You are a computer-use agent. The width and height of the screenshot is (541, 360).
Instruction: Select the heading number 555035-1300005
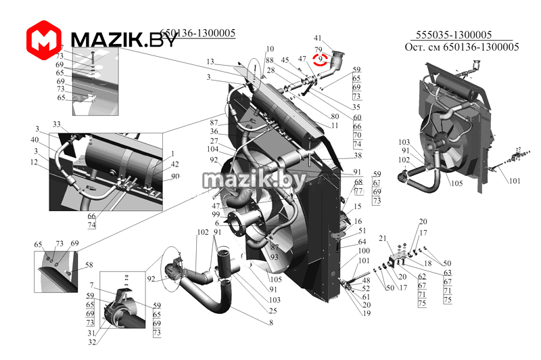pyautogui.click(x=453, y=35)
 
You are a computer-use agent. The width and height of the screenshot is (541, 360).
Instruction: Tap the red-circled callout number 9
pyautogui.click(x=319, y=60)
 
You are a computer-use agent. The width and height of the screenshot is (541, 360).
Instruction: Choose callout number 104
pyautogui.click(x=212, y=149)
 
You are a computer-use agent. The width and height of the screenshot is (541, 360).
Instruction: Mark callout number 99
pyautogui.click(x=216, y=215)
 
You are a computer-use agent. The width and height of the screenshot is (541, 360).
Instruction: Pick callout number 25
pyautogui.click(x=272, y=311)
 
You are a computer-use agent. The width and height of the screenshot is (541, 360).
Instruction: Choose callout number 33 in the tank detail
pyautogui.click(x=56, y=125)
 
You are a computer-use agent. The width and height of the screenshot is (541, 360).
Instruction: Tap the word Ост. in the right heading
pyautogui.click(x=415, y=47)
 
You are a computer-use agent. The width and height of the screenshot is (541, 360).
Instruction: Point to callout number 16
pyautogui.click(x=358, y=221)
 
